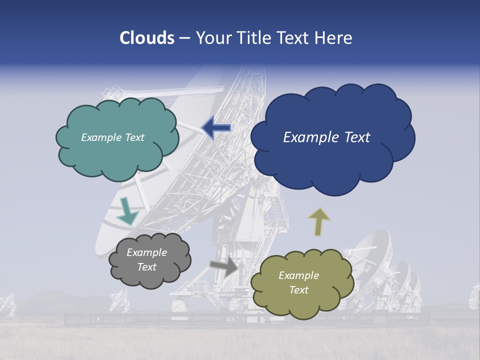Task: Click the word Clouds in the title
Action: tap(147, 38)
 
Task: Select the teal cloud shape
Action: tap(117, 155)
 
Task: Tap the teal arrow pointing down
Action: tap(127, 211)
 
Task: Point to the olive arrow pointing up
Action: tap(319, 221)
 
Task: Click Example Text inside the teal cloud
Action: tap(112, 137)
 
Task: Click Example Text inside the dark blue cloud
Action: tap(326, 137)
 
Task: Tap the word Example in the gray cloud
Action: tap(146, 252)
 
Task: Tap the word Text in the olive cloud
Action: tap(298, 290)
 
